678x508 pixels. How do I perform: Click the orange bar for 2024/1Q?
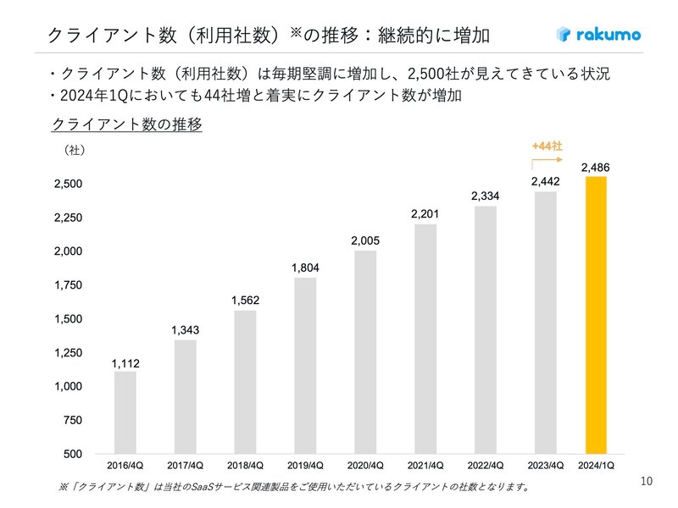596,315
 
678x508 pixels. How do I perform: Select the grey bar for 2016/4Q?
125,412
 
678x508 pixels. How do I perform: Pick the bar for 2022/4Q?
486,329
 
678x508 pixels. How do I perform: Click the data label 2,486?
595,168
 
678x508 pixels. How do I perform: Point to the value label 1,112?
125,363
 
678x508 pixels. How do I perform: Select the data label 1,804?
305,268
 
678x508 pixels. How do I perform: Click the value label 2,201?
425,214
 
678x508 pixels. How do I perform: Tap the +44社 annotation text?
547,146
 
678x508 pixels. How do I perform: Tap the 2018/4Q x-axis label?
245,466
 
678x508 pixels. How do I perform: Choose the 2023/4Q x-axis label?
546,466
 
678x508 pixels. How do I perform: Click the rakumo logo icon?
564,35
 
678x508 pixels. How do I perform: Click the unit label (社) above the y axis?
74,151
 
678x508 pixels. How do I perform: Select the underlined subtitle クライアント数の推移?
126,124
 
